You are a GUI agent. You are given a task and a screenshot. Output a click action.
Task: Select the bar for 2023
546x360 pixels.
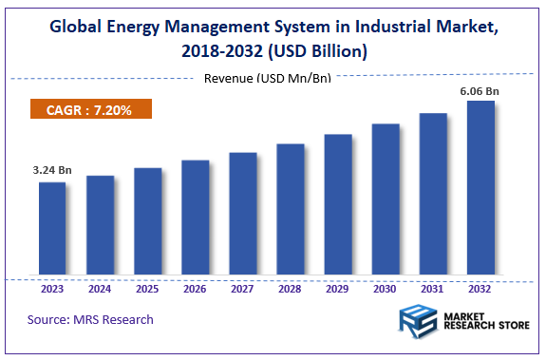coord(52,229)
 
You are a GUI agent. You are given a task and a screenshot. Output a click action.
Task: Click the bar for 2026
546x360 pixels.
coord(195,218)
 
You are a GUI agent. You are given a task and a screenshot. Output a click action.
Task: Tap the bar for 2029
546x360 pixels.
coord(338,205)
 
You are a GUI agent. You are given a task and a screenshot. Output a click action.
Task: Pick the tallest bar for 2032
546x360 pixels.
coord(480,188)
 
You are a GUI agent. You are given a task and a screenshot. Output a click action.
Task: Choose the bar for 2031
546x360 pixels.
coord(433,195)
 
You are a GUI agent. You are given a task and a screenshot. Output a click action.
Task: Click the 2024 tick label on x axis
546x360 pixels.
coord(100,289)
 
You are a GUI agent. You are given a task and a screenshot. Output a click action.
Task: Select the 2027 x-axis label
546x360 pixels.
coord(242,289)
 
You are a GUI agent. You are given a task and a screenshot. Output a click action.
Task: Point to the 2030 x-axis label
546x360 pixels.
coord(386,289)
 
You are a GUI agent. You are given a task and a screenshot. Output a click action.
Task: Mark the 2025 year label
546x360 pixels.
coord(147,289)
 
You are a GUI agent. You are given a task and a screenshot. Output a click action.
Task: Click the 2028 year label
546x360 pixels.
coord(290,289)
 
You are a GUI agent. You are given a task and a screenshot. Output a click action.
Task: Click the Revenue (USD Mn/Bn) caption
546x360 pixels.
coord(268,77)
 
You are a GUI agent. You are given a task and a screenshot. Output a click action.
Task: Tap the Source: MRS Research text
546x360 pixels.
coord(90,319)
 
